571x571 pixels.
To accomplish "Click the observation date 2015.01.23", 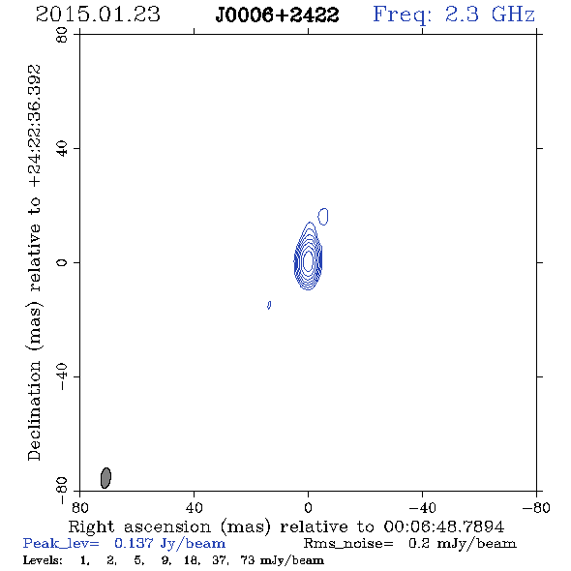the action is pyautogui.click(x=98, y=15).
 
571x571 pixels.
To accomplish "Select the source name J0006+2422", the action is pyautogui.click(x=277, y=15).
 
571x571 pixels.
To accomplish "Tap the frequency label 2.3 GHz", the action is pyautogui.click(x=490, y=15).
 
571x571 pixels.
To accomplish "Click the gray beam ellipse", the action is pyautogui.click(x=105, y=478).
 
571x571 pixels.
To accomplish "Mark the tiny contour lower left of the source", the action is pyautogui.click(x=269, y=305).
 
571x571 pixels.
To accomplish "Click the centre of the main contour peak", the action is pyautogui.click(x=308, y=260).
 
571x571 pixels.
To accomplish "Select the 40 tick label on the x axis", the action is pyautogui.click(x=194, y=507).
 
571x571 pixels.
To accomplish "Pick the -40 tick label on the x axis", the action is pyautogui.click(x=422, y=507).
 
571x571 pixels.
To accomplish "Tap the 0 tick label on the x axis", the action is pyautogui.click(x=308, y=507).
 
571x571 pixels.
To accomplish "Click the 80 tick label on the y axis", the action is pyautogui.click(x=62, y=35).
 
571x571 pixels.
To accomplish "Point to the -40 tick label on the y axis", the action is pyautogui.click(x=62, y=376).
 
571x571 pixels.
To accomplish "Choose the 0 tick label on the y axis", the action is pyautogui.click(x=62, y=262).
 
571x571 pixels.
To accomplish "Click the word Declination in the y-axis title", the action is pyautogui.click(x=34, y=410).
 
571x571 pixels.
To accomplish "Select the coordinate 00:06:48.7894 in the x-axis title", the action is pyautogui.click(x=444, y=526).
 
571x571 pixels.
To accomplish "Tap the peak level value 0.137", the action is pyautogui.click(x=134, y=543).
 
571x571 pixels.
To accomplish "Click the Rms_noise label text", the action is pyautogui.click(x=348, y=544).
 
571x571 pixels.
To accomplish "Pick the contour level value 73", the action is pyautogui.click(x=247, y=559).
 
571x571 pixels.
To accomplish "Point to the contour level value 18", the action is pyautogui.click(x=191, y=559).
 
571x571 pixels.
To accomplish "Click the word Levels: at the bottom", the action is pyautogui.click(x=43, y=559).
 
